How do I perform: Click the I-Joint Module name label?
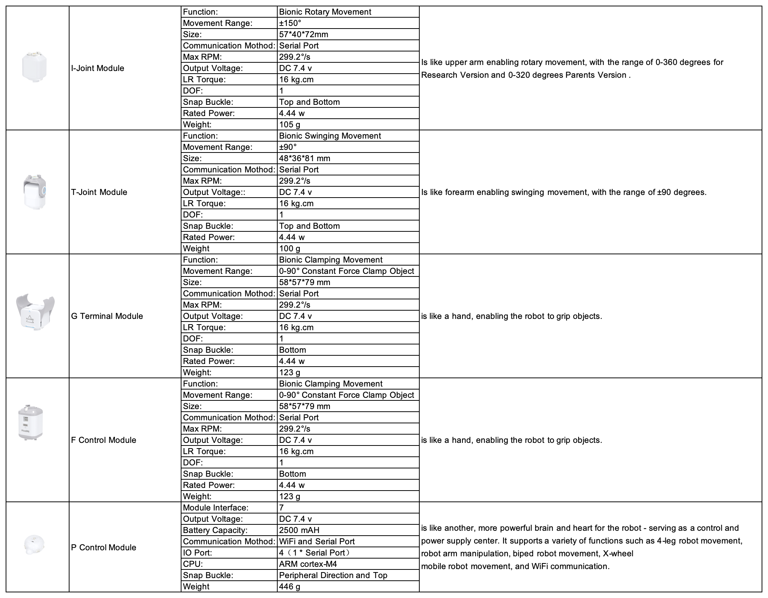98,68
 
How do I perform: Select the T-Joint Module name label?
99,192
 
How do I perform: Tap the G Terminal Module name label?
107,316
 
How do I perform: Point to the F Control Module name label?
104,440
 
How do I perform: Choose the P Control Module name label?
104,548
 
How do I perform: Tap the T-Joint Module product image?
35,191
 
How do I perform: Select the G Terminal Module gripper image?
35,311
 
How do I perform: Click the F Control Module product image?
30,423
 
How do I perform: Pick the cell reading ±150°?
290,23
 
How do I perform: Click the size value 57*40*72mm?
304,35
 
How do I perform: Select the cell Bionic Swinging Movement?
330,136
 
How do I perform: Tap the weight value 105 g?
290,125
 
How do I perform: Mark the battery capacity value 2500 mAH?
299,530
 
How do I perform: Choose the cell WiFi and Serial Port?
317,542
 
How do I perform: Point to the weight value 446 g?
290,587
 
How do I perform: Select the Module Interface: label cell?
216,508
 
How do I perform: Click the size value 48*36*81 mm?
305,159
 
